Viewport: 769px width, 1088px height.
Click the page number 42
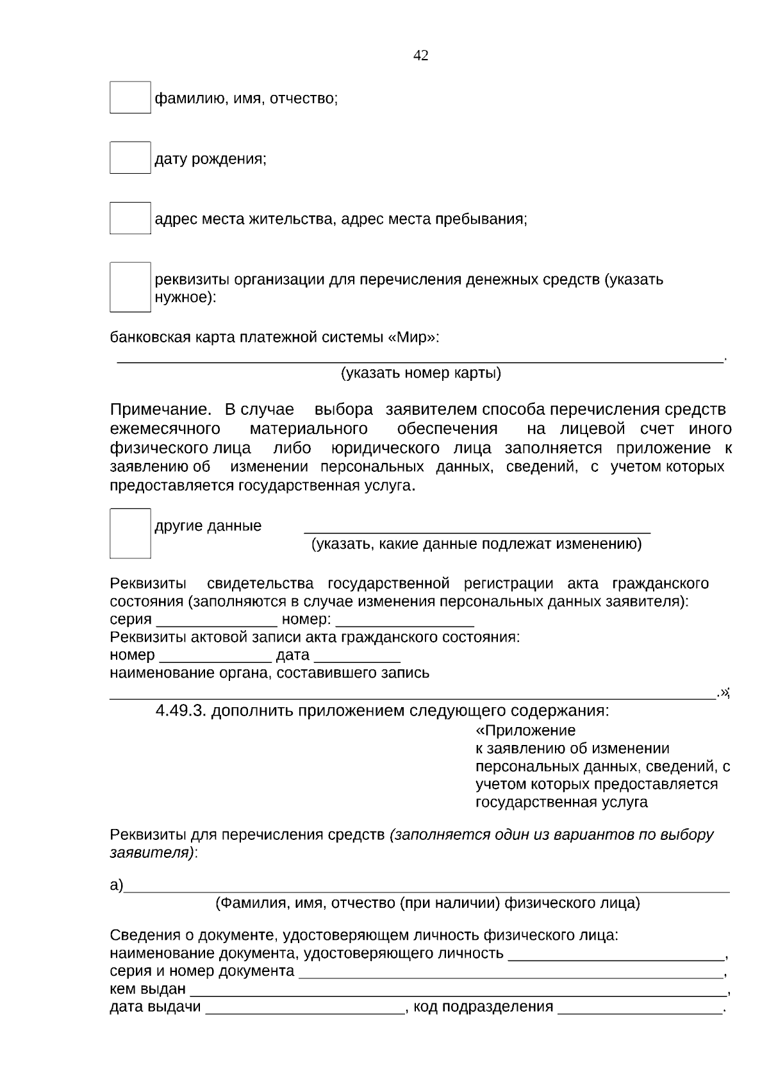click(421, 56)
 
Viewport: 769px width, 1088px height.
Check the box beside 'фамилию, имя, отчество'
click(130, 97)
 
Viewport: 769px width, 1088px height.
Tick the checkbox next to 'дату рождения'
click(130, 158)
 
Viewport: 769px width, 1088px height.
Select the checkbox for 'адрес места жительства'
click(130, 218)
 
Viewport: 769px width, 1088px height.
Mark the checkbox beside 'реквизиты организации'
click(130, 287)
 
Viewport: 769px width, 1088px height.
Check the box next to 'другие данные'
click(130, 533)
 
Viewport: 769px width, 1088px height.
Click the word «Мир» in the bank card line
click(412, 337)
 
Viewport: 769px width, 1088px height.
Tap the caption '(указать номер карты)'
click(420, 373)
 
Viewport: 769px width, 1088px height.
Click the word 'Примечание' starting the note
click(160, 410)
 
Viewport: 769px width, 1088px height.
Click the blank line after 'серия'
click(217, 622)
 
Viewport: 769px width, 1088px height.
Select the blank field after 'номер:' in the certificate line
click(404, 622)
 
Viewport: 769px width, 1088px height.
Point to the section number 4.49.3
click(181, 711)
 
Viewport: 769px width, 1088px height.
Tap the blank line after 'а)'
click(426, 889)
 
